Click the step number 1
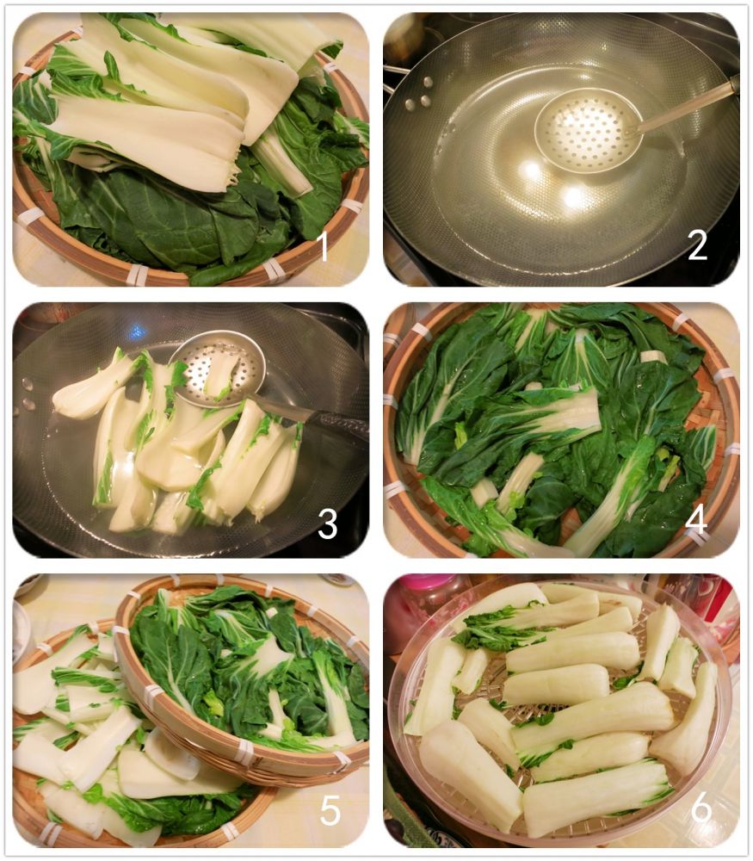[x=324, y=246]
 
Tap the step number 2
[x=697, y=246]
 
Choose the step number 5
[x=330, y=809]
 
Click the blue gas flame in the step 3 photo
[x=137, y=331]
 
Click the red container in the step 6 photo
[x=718, y=598]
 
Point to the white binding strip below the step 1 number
[x=273, y=270]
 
